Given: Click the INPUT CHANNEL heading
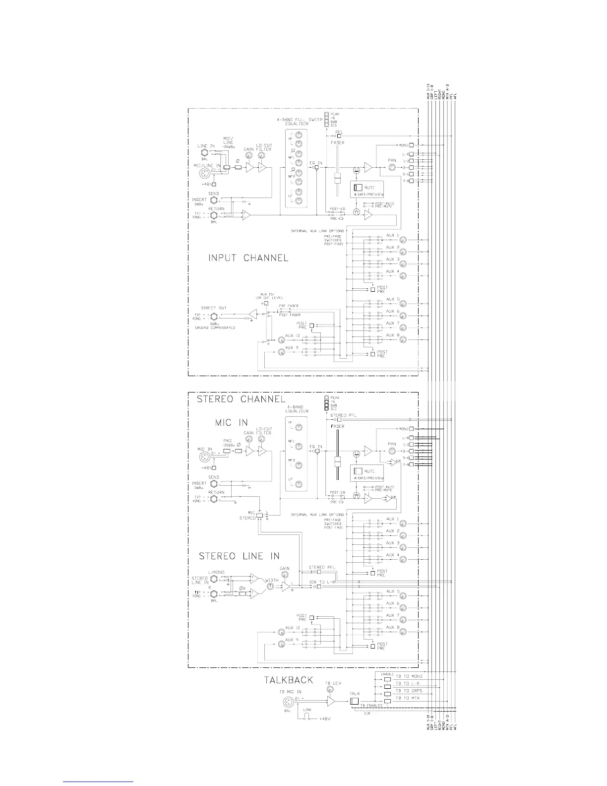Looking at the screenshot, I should (x=247, y=258).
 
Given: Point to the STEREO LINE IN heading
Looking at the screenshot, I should (x=239, y=556).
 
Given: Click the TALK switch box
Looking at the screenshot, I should (x=354, y=701).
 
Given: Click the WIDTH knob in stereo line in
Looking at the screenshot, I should (x=270, y=586).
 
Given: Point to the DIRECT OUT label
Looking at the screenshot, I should (x=214, y=308).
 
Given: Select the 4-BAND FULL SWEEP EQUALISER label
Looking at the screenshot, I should (x=300, y=122).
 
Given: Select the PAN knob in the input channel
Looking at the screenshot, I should (x=392, y=168).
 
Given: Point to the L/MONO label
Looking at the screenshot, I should (x=216, y=572).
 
